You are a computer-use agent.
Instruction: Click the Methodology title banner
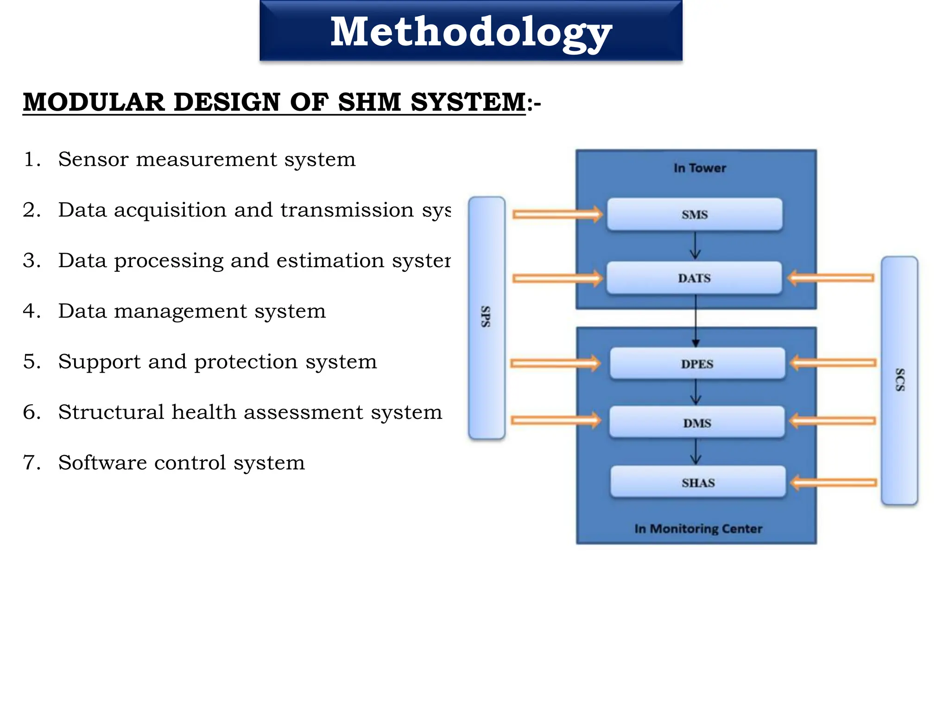coord(471,31)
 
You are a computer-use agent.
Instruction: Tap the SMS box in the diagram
coord(695,214)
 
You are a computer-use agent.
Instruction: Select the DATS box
coord(694,278)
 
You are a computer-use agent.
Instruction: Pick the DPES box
coord(697,364)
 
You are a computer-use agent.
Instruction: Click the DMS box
coord(697,423)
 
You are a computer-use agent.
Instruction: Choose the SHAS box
coord(698,482)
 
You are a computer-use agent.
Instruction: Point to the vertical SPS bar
coord(487,317)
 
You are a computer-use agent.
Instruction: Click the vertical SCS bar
coord(899,380)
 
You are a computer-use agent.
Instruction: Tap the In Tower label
coord(700,168)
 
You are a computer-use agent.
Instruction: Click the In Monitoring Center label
coord(698,529)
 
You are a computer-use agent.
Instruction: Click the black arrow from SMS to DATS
coord(695,246)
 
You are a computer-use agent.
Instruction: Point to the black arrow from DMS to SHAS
coord(696,451)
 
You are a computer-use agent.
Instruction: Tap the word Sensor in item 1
coord(93,159)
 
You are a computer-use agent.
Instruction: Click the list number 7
coord(32,462)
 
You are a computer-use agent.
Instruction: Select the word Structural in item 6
coord(111,412)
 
